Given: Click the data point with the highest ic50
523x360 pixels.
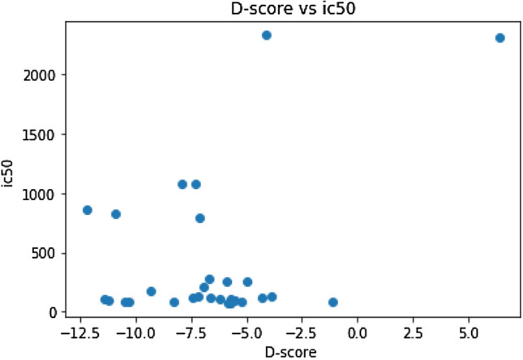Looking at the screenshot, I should (x=266, y=35).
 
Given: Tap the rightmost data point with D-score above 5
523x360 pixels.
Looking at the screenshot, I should (x=499, y=38).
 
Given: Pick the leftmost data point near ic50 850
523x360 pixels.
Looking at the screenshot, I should (x=88, y=210).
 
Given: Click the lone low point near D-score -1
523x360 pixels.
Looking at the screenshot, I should (x=332, y=302).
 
